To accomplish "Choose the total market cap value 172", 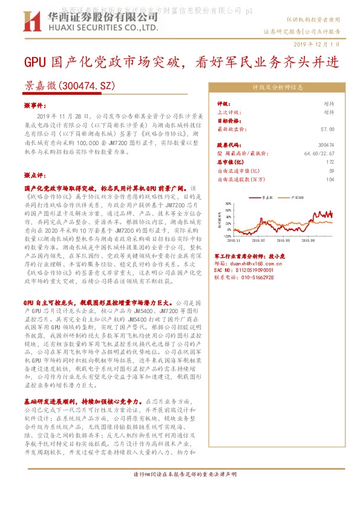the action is [330, 163].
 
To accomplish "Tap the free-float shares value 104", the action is [330, 180].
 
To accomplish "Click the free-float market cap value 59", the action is [331, 171].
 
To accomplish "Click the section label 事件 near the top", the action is [35, 105].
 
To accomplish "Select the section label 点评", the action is [35, 175].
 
